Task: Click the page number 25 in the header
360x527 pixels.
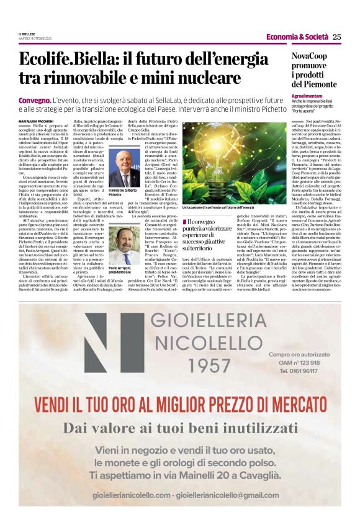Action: tap(337, 37)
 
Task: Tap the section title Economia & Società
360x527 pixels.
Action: tap(297, 37)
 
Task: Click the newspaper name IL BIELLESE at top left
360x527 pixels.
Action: tap(27, 34)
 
